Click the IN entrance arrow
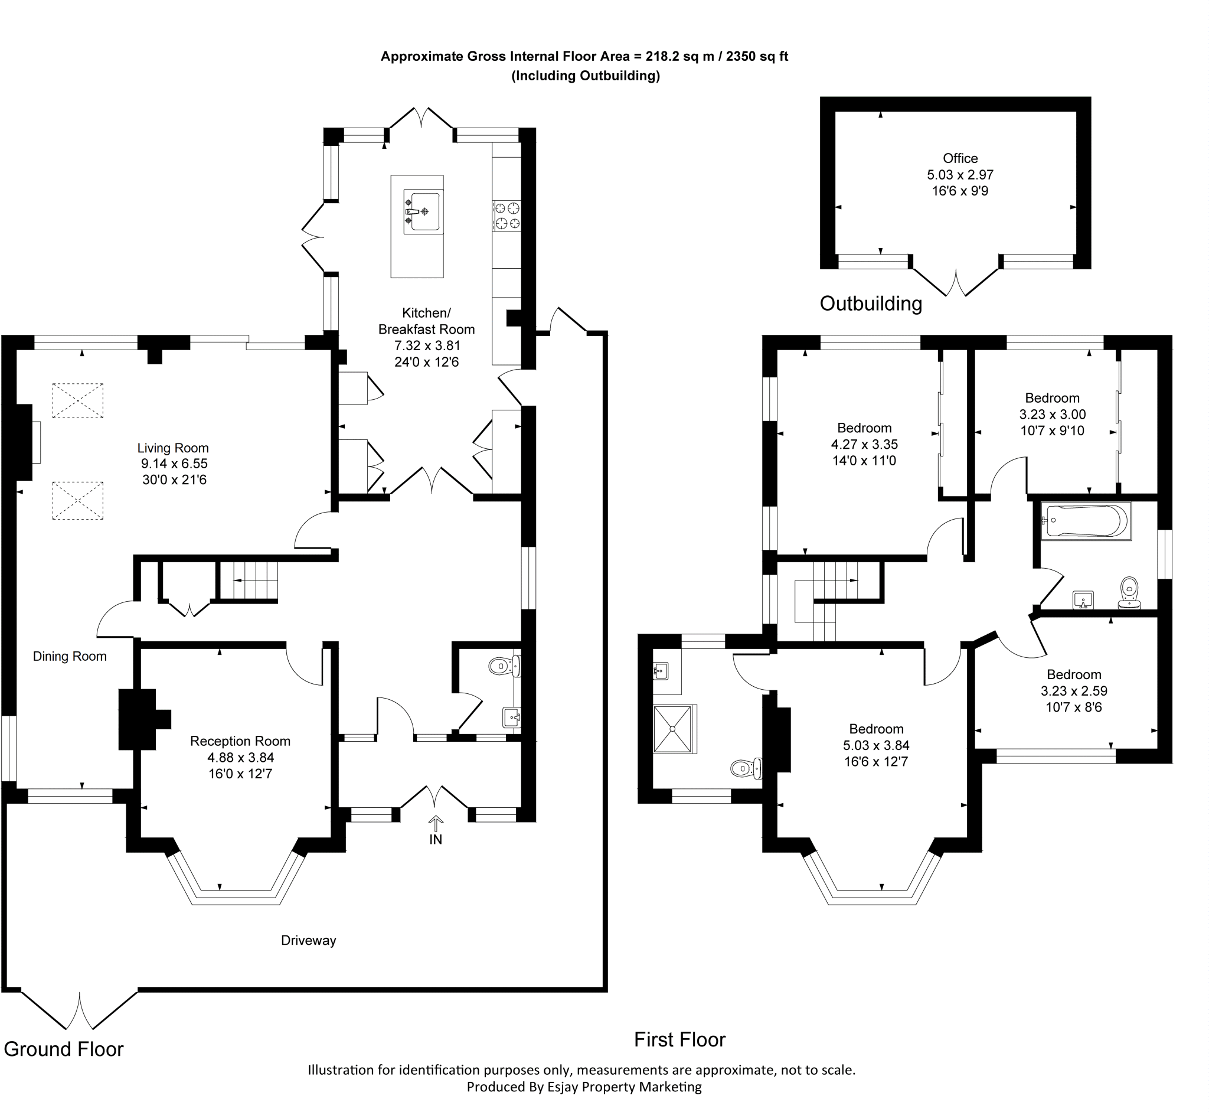[x=436, y=823]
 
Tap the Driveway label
[x=308, y=940]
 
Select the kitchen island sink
[x=423, y=211]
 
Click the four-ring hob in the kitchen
[x=507, y=216]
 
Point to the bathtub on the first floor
[x=1086, y=520]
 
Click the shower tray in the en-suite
[x=674, y=729]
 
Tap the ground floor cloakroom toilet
[x=503, y=666]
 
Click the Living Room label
[x=172, y=448]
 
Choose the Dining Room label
[x=70, y=657]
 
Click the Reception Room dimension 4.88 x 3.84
[x=240, y=758]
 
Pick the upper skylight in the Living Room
[x=77, y=401]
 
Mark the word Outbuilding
[x=870, y=304]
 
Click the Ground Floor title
[x=64, y=1049]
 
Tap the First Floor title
[x=679, y=1039]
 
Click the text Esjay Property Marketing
[x=625, y=1087]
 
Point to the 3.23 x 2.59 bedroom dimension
[x=1074, y=691]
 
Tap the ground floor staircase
[x=248, y=581]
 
